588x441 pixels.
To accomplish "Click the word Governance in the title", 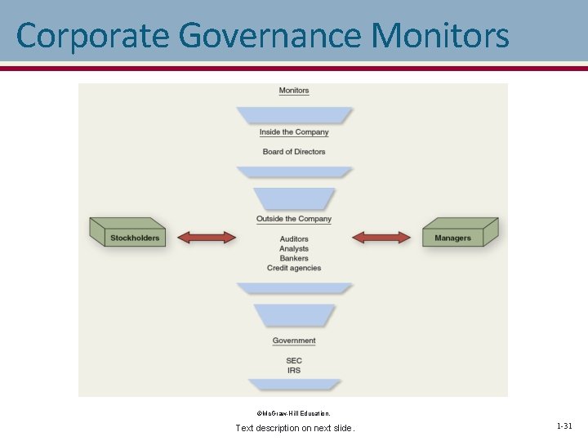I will pyautogui.click(x=269, y=36).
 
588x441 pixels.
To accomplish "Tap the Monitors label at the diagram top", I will pyautogui.click(x=294, y=91).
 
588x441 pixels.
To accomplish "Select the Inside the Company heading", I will pyautogui.click(x=294, y=132).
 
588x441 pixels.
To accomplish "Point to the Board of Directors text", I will pyautogui.click(x=294, y=152).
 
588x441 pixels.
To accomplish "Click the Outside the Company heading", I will pyautogui.click(x=294, y=219).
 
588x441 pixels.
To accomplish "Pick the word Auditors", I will pyautogui.click(x=294, y=238).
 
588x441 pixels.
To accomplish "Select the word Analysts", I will pyautogui.click(x=294, y=248).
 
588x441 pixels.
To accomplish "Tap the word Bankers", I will pyautogui.click(x=294, y=258).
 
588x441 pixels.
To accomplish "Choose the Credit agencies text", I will pyautogui.click(x=294, y=268).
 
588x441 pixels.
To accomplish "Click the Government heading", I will pyautogui.click(x=294, y=341).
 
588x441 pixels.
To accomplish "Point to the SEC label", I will pyautogui.click(x=294, y=360).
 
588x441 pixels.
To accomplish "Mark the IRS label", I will pyautogui.click(x=294, y=370).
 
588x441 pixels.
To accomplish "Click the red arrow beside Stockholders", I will pyautogui.click(x=207, y=237).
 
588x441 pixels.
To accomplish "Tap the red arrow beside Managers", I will pyautogui.click(x=381, y=237).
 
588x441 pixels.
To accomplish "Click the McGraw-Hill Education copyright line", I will pyautogui.click(x=294, y=413).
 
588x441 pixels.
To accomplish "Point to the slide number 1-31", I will pyautogui.click(x=564, y=426).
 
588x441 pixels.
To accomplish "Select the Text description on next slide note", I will pyautogui.click(x=295, y=428).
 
